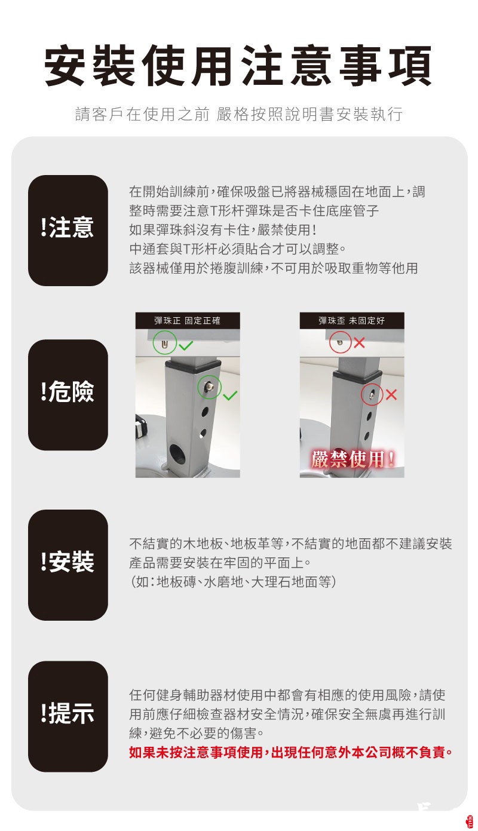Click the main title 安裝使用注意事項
click(x=238, y=65)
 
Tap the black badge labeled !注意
click(x=68, y=231)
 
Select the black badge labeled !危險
click(x=68, y=395)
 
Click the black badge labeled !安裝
click(x=68, y=565)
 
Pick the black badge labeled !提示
click(x=68, y=716)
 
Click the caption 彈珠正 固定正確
click(x=188, y=321)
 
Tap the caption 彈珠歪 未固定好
click(x=351, y=321)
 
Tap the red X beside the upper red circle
click(x=359, y=343)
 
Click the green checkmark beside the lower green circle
click(x=230, y=395)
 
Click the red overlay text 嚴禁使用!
click(x=353, y=459)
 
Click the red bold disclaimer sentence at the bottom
click(x=290, y=752)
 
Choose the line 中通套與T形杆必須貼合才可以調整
click(x=238, y=249)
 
